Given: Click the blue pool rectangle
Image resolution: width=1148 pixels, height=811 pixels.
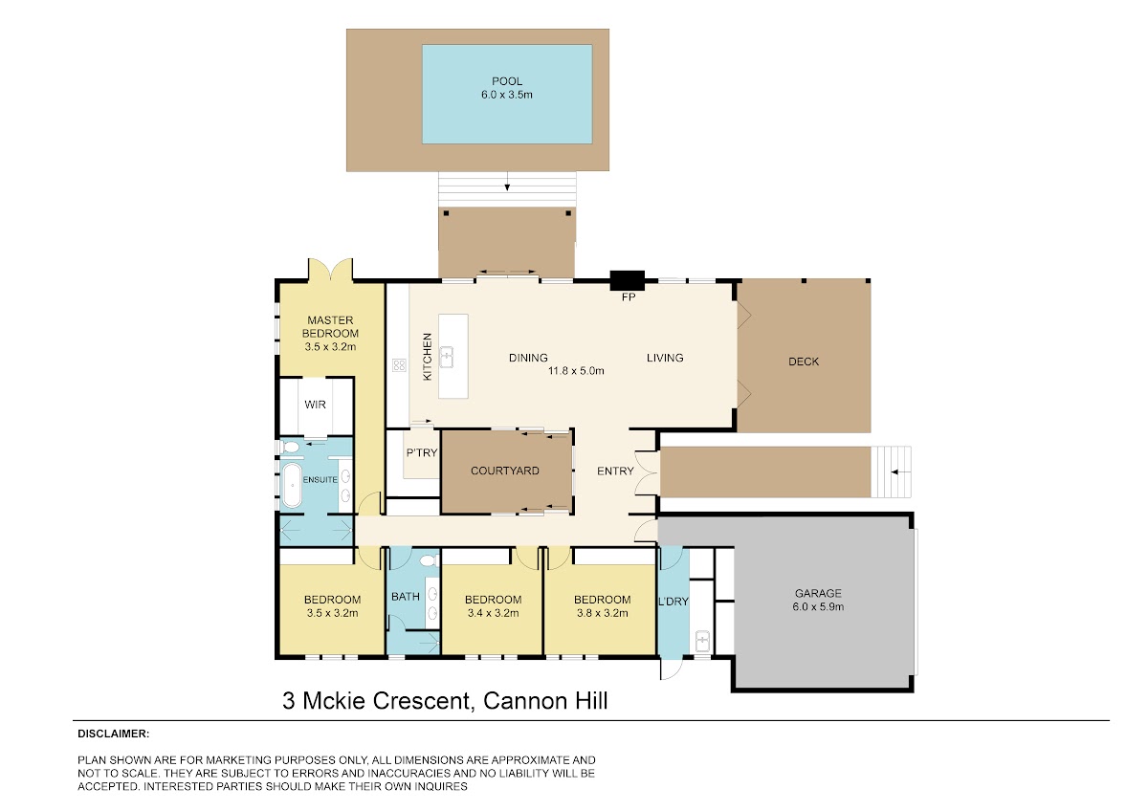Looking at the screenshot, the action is [x=507, y=95].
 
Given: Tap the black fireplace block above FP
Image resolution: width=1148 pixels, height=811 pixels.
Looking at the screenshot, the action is [x=628, y=281].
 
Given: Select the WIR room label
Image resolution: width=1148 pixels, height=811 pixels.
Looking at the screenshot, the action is [x=315, y=405].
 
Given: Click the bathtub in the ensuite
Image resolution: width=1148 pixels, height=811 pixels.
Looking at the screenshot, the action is [x=292, y=485].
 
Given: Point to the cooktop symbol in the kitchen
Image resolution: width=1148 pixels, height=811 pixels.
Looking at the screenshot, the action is [x=399, y=364].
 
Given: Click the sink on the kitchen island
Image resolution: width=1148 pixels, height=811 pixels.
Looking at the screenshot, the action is [x=447, y=357].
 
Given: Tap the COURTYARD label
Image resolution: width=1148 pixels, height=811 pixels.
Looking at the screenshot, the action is [x=505, y=471].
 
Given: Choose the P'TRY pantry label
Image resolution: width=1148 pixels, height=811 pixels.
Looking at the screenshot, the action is [x=422, y=453].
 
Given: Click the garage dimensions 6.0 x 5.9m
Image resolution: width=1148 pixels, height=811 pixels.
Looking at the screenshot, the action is [x=818, y=606].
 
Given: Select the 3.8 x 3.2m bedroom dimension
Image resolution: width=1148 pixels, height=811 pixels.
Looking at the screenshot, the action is [x=602, y=613].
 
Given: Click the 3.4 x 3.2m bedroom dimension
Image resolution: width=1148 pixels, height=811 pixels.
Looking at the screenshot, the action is [x=493, y=613].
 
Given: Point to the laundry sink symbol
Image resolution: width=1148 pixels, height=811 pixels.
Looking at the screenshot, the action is [x=702, y=641].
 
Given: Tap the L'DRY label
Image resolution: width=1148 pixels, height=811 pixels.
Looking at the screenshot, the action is [x=673, y=602].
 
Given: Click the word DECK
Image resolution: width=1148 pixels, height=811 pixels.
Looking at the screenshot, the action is [x=804, y=362].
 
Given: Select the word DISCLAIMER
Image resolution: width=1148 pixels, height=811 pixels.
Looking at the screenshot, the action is [x=113, y=734].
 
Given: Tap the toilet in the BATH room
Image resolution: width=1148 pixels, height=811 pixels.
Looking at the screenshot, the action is [x=429, y=560].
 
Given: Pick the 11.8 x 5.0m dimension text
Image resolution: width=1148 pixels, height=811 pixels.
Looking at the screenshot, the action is [x=576, y=371].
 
